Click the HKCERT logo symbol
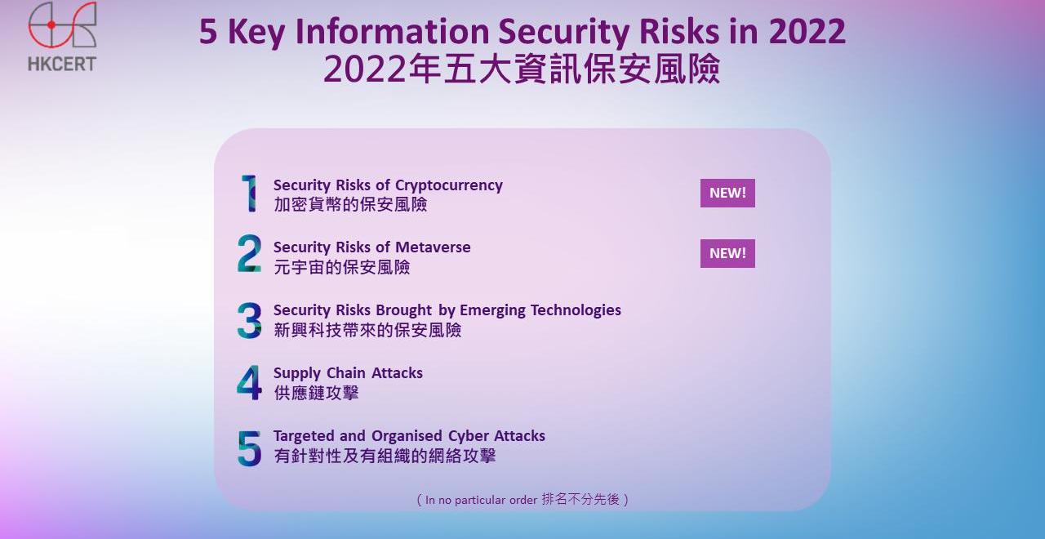(x=51, y=25)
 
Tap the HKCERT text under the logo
(x=62, y=64)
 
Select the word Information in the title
(x=393, y=32)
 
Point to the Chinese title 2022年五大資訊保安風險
(x=522, y=69)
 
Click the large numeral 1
(x=249, y=194)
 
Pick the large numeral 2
(x=249, y=253)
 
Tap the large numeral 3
(x=249, y=320)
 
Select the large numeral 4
(x=249, y=383)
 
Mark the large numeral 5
(x=249, y=448)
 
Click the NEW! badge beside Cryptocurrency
(x=727, y=193)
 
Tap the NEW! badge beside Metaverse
(x=727, y=253)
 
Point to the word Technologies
(x=576, y=310)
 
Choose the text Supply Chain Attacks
(x=348, y=373)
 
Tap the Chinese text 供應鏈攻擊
(x=316, y=394)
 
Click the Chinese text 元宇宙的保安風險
(x=342, y=267)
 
